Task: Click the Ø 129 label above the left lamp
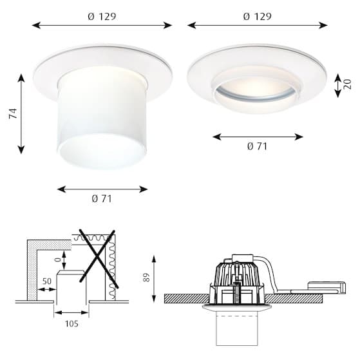[102, 17]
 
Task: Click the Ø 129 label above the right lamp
[257, 17]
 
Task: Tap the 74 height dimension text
[14, 113]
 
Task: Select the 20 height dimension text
[348, 84]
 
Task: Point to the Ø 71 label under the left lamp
[102, 198]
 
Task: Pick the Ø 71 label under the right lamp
[258, 146]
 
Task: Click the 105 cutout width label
[71, 324]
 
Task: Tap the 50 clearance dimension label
[47, 281]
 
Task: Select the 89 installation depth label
[146, 278]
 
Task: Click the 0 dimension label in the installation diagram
[59, 260]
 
